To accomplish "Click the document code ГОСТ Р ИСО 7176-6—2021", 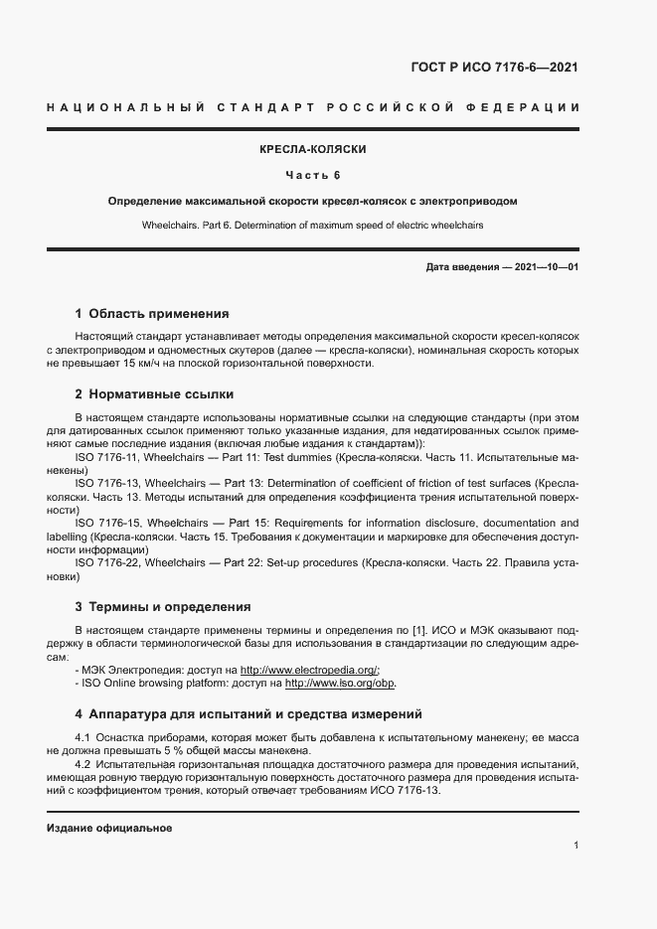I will [494, 68].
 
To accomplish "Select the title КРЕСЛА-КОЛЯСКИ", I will [313, 149].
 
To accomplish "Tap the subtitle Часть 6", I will [313, 176].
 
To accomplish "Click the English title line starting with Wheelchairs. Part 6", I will [313, 226].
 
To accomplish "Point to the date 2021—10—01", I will [545, 268].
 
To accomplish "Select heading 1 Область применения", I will [152, 313].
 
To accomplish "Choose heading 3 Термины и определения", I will [162, 606].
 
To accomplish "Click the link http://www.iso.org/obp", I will [340, 684].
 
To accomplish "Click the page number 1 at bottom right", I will [576, 845].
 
